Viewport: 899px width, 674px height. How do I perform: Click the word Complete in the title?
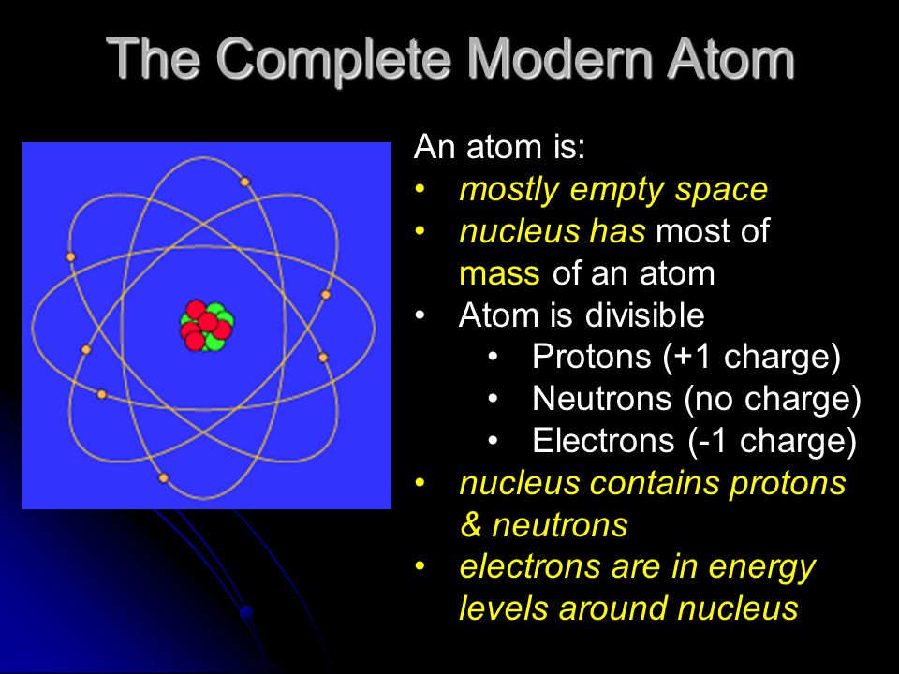[x=332, y=60]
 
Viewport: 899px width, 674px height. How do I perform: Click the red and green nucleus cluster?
[x=207, y=326]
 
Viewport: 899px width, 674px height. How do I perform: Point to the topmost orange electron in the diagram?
[x=244, y=183]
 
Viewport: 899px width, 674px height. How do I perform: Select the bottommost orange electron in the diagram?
[x=163, y=478]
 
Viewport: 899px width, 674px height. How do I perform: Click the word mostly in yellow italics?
[x=509, y=190]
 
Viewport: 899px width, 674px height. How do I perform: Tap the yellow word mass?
[x=499, y=274]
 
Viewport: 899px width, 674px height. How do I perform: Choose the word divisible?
[x=645, y=315]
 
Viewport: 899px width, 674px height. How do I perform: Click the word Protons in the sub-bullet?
[x=592, y=357]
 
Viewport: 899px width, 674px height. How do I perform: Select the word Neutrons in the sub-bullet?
[x=602, y=399]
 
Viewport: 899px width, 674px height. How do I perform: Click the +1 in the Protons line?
[x=692, y=357]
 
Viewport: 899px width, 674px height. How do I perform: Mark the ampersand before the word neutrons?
[x=471, y=525]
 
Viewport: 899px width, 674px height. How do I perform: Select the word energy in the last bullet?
[x=762, y=568]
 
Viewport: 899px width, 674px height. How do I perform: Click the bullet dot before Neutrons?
[x=494, y=399]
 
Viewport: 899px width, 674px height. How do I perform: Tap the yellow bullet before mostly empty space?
[x=420, y=188]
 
